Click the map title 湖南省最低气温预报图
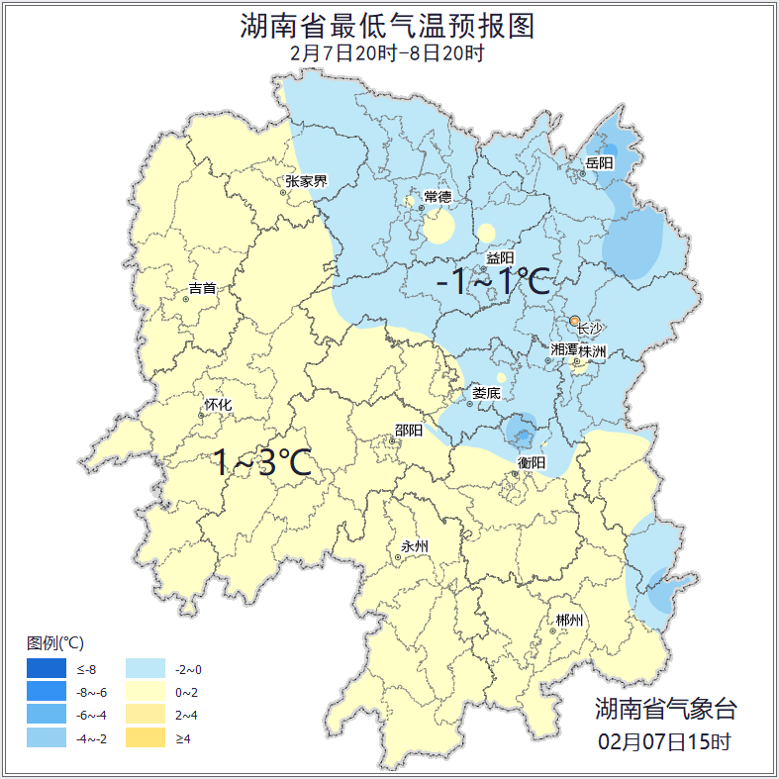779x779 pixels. pos(388,26)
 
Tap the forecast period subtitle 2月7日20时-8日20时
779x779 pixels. pos(388,53)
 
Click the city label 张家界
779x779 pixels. pos(306,181)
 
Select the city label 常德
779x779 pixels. pos(438,197)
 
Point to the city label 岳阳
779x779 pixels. pos(599,162)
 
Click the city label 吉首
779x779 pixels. pos(202,289)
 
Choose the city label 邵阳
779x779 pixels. pos(409,430)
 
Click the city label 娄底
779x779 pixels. pos(486,393)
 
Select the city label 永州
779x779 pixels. pos(415,546)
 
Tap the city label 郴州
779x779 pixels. pos(569,621)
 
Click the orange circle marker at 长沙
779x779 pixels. pos(574,321)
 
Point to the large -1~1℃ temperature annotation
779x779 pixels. pos(493,282)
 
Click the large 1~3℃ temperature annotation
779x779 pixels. pos(263,462)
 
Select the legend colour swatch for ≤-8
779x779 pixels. pos(47,670)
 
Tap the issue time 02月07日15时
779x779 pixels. pos(665,740)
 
